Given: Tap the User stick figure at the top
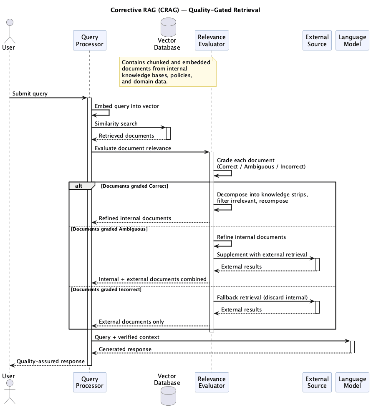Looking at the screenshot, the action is (10, 31).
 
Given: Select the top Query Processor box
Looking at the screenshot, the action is (90, 40).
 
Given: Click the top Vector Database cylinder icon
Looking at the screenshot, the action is (168, 27).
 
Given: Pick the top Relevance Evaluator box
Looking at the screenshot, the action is (212, 40).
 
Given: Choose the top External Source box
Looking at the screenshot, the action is (317, 40).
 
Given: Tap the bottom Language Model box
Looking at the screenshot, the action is (352, 382).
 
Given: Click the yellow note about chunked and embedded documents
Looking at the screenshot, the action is (168, 72).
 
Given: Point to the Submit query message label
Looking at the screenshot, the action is (30, 93).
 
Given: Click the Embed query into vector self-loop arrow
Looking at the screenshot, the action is (109, 113).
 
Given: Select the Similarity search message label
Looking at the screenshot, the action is (116, 123).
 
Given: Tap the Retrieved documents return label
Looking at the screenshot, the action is (126, 136).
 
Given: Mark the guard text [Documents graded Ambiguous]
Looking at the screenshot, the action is (109, 229).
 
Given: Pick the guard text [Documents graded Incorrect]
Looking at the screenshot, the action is (106, 289).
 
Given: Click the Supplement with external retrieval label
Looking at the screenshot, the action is (262, 254).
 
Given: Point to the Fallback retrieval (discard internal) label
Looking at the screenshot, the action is (262, 297).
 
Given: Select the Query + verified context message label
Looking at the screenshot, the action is (127, 337).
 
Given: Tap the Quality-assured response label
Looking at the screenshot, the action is (51, 361).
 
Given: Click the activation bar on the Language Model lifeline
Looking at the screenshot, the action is (352, 347).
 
